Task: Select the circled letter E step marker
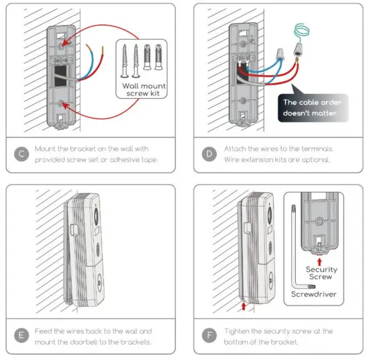pos(21,336)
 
